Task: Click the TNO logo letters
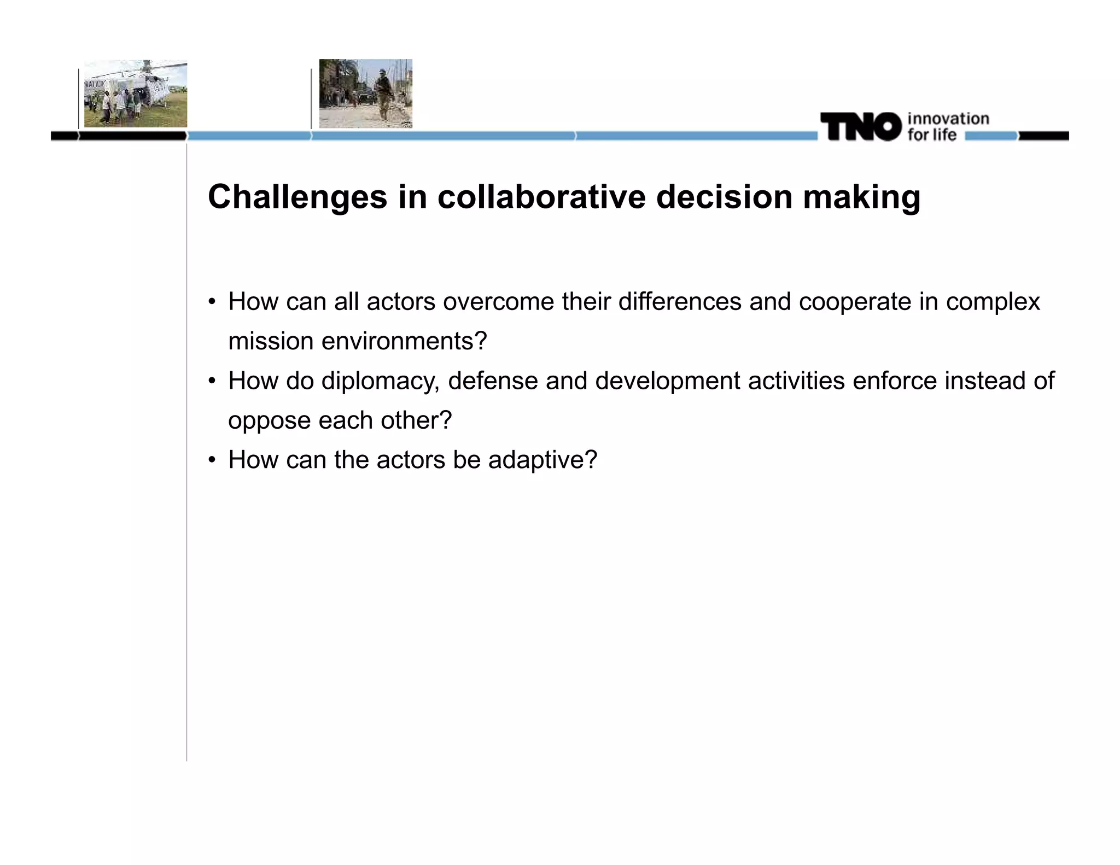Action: point(860,127)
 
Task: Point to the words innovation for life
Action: point(947,127)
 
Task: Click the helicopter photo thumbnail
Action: point(135,94)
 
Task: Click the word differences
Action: point(679,302)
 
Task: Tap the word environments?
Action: point(404,341)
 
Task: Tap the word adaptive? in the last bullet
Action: point(542,460)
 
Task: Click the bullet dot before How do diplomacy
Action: point(212,381)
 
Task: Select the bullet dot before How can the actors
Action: point(212,460)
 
